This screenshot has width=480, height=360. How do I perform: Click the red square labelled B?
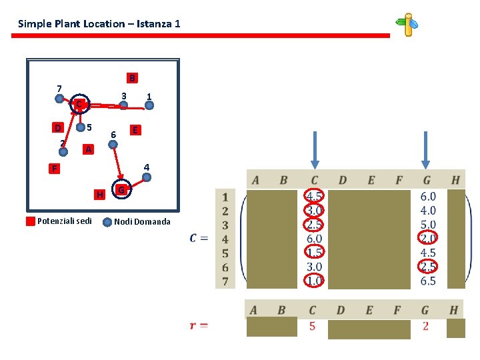[132, 78]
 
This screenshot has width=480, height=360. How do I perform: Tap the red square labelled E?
[135, 130]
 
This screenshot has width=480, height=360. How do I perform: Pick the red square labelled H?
[99, 195]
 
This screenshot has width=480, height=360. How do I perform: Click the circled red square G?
[121, 191]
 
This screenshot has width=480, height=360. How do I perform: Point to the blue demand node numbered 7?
[60, 99]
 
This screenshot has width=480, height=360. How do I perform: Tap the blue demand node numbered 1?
[149, 105]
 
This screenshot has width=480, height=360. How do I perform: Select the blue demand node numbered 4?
[147, 177]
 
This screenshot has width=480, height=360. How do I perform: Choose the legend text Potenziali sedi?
[65, 221]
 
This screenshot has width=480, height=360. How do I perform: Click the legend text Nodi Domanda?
[142, 221]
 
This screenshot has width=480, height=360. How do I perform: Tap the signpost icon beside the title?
[407, 24]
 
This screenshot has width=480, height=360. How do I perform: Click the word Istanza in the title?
[153, 24]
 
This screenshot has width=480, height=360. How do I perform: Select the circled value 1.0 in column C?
[315, 281]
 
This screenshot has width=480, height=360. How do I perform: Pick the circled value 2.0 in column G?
[428, 239]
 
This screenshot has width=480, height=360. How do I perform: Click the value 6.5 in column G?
[428, 281]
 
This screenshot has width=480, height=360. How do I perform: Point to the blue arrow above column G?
[425, 149]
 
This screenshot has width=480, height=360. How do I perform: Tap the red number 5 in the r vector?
[312, 327]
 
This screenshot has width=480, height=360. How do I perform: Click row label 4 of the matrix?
[225, 239]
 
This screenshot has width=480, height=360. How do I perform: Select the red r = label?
[198, 325]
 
